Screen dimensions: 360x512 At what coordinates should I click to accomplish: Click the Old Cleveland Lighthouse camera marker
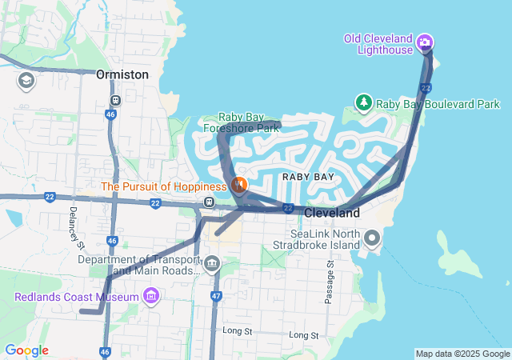pyautogui.click(x=425, y=42)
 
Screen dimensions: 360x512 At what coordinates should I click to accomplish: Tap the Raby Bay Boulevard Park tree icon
pyautogui.click(x=364, y=102)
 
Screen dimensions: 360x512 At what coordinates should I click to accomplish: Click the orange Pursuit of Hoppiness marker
pyautogui.click(x=238, y=186)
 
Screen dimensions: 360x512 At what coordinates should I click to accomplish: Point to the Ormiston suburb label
pyautogui.click(x=122, y=74)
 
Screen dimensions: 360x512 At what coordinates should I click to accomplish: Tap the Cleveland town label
pyautogui.click(x=332, y=214)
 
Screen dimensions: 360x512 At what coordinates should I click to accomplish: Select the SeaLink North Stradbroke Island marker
pyautogui.click(x=372, y=238)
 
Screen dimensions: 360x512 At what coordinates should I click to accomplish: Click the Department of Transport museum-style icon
pyautogui.click(x=212, y=263)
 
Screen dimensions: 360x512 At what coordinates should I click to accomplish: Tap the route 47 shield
pyautogui.click(x=216, y=297)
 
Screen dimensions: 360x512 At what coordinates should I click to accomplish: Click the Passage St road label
pyautogui.click(x=329, y=282)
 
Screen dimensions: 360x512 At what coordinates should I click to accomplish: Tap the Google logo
pyautogui.click(x=26, y=350)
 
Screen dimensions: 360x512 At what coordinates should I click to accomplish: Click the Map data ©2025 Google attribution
pyautogui.click(x=462, y=354)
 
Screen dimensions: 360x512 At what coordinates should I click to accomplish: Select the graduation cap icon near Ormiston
pyautogui.click(x=26, y=80)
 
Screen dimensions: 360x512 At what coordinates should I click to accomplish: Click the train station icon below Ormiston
pyautogui.click(x=116, y=101)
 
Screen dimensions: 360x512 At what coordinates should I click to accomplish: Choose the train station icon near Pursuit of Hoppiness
pyautogui.click(x=209, y=202)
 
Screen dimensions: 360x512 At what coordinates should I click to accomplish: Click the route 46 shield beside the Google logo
pyautogui.click(x=106, y=352)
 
